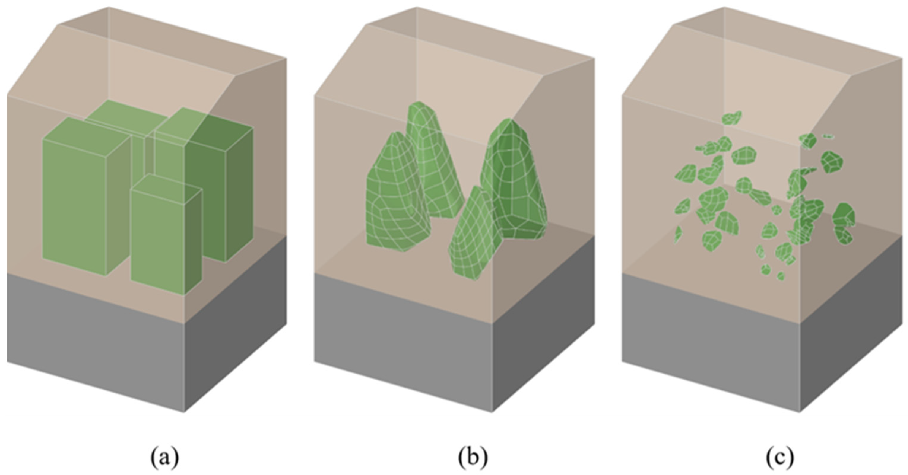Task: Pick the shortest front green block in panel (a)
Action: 159,240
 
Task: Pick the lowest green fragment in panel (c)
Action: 780,276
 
